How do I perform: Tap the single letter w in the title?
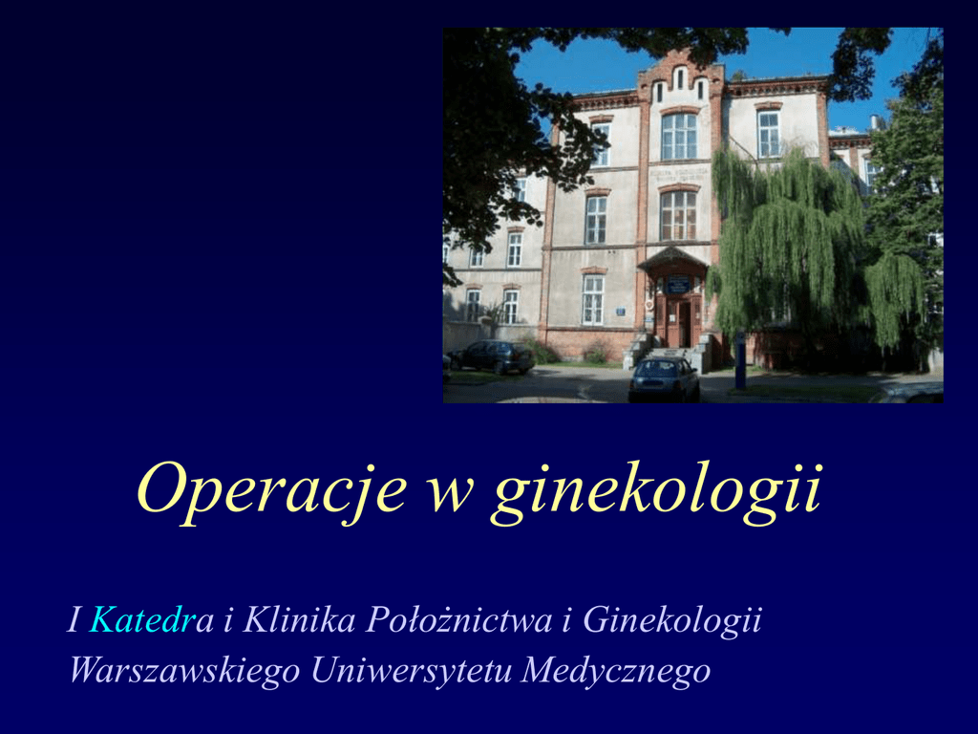tap(450, 496)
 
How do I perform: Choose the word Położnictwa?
tap(459, 620)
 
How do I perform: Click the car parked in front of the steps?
tap(664, 379)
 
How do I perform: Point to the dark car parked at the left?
tap(494, 357)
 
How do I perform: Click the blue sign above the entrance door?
tap(679, 285)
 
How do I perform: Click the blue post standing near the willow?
tap(740, 361)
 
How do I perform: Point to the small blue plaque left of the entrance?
tap(621, 311)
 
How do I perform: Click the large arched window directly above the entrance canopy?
tap(679, 215)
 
